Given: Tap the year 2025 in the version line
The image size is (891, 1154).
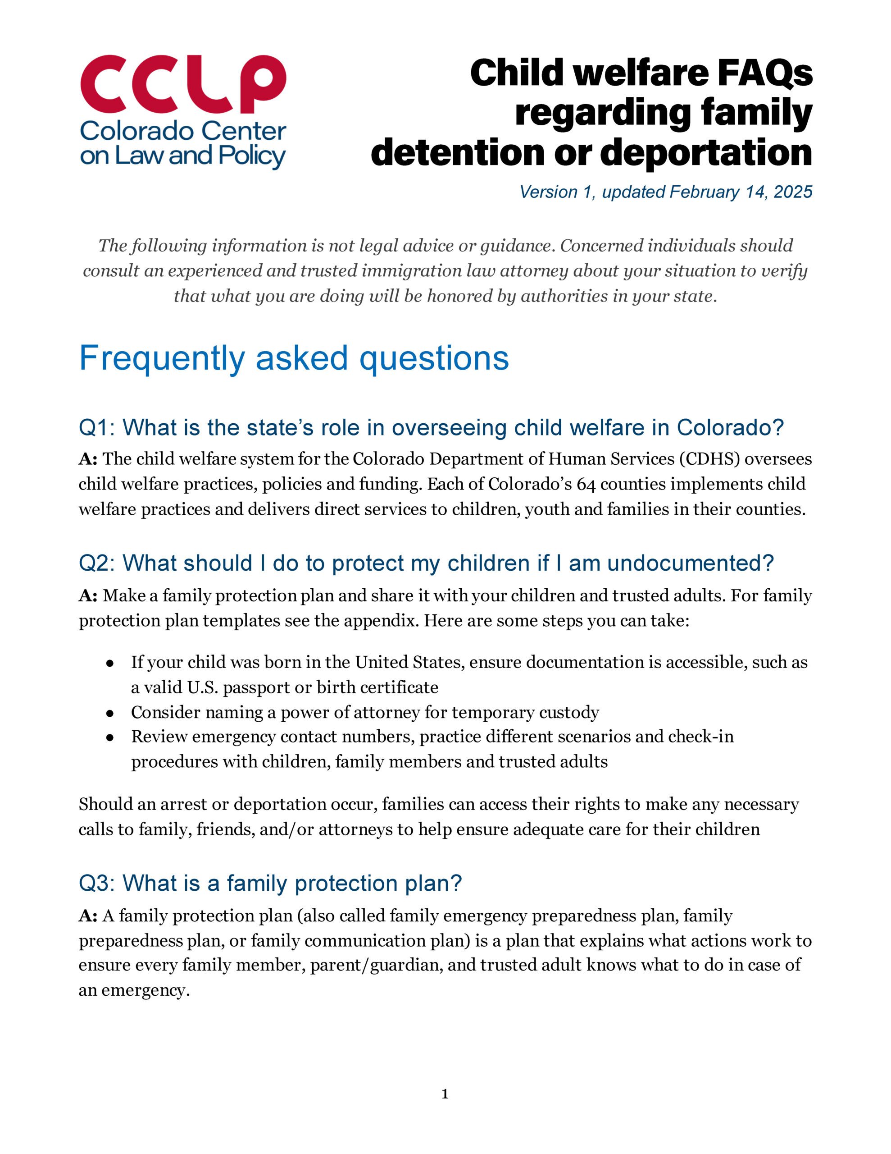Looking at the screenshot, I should [x=792, y=192].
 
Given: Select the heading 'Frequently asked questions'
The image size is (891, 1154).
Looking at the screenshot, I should [x=294, y=358].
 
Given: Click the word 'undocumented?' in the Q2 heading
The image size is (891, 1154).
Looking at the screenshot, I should [x=690, y=563].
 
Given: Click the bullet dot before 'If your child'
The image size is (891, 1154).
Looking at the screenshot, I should [x=110, y=663].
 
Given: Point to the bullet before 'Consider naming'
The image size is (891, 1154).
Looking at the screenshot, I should [x=110, y=713].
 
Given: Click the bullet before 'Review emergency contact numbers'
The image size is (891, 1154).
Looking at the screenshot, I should [x=110, y=737].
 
